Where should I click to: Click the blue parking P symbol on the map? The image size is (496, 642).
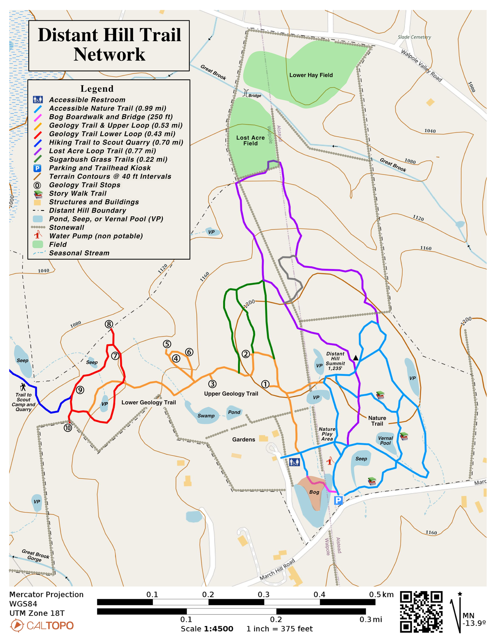(338, 500)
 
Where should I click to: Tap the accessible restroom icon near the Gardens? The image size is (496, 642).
(294, 462)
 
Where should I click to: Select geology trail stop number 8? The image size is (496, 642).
(109, 324)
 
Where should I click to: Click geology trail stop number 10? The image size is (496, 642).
(68, 428)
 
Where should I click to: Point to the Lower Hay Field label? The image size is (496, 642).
(311, 75)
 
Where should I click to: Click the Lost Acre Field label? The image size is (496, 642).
(251, 141)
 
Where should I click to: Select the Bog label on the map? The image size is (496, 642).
(314, 492)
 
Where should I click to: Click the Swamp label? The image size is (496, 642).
(206, 416)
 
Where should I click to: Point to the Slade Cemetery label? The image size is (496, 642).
(414, 37)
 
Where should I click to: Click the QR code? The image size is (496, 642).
(421, 612)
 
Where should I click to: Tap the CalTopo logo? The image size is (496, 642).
(42, 626)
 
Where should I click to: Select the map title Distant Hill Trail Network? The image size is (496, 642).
(109, 45)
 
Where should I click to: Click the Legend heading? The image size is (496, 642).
(97, 88)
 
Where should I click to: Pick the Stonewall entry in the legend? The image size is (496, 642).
(67, 228)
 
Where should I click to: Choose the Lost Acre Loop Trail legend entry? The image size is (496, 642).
(102, 151)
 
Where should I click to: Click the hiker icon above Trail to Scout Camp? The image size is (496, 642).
(23, 387)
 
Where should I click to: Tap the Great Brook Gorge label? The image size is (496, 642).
(35, 556)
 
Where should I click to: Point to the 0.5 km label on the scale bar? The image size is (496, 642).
(381, 595)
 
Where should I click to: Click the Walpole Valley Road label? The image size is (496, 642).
(421, 66)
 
